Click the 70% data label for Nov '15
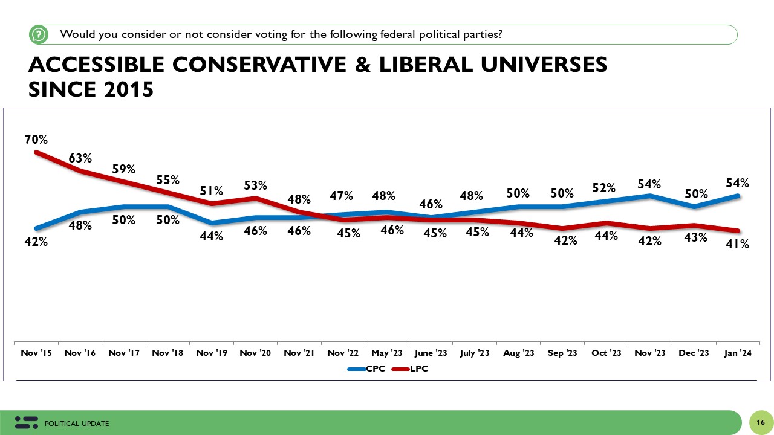tap(36, 140)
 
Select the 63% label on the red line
tap(80, 158)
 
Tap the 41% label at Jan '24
tap(738, 244)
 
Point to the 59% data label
tap(124, 169)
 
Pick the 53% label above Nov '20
tap(255, 185)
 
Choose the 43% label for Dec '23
tap(695, 237)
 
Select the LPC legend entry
tap(412, 368)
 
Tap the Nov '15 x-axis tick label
tap(36, 353)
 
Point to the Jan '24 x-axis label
tap(738, 353)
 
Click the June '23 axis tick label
tap(431, 353)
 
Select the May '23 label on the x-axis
tap(386, 353)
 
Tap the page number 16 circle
tap(760, 422)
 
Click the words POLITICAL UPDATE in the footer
tap(77, 424)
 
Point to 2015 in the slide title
tap(126, 89)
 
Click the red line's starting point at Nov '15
tap(36, 152)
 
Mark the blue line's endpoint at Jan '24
tap(738, 196)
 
